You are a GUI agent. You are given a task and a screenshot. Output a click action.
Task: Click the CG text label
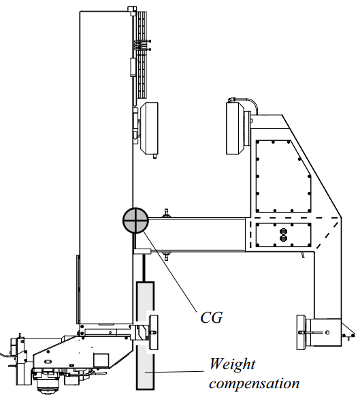[x=212, y=317]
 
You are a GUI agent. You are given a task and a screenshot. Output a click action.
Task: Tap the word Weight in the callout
[x=232, y=365]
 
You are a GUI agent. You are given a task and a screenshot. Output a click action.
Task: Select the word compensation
[x=255, y=383]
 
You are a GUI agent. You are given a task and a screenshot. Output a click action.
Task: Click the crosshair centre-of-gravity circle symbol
[x=135, y=220]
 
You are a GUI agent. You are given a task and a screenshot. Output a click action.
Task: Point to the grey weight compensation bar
[x=145, y=336]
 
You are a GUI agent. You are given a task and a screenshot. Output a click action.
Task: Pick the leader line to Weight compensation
[x=174, y=372]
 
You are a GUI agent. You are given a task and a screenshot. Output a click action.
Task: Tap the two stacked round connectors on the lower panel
[x=284, y=235]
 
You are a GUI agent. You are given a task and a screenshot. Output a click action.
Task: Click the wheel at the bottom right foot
[x=301, y=332]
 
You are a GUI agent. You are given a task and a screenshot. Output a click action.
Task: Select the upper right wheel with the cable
[x=235, y=128]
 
